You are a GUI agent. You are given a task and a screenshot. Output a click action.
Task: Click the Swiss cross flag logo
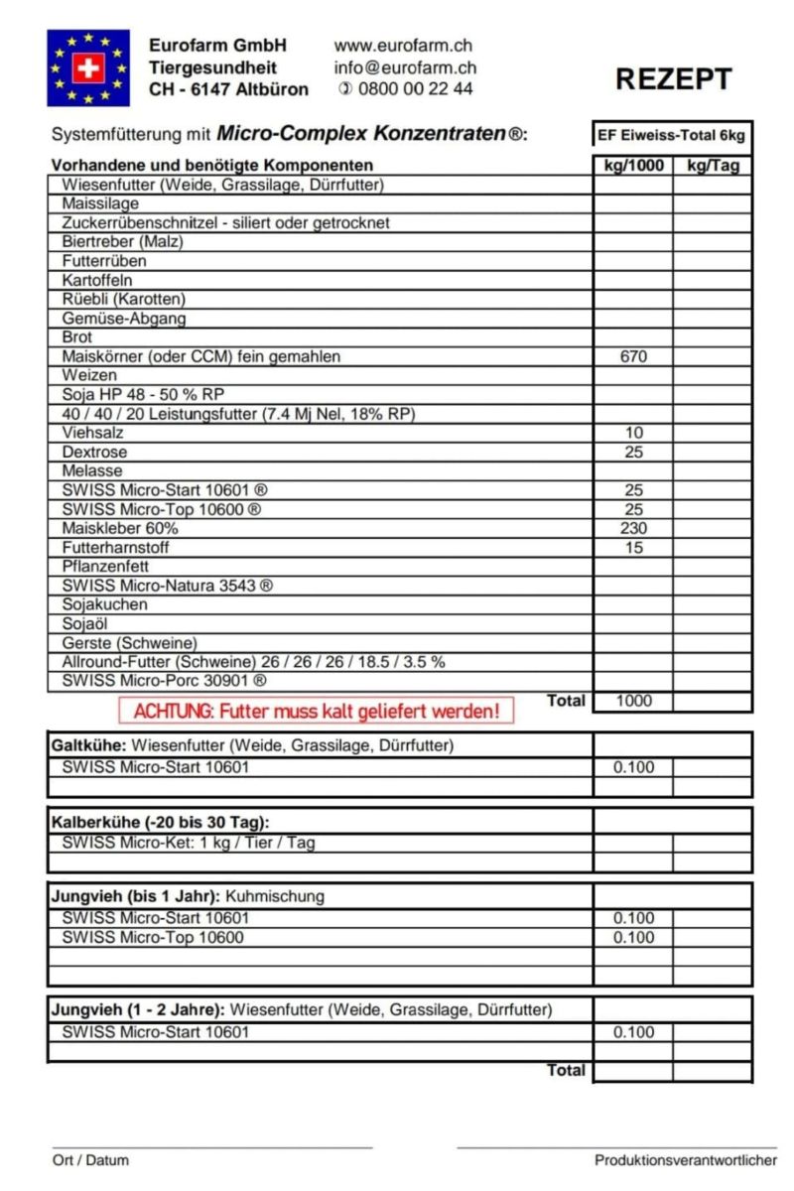pyautogui.click(x=88, y=67)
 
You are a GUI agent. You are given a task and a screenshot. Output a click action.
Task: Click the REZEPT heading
pyautogui.click(x=673, y=79)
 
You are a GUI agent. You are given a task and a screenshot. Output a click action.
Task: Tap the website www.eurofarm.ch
pyautogui.click(x=403, y=46)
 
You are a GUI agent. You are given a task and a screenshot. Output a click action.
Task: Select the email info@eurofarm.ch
pyautogui.click(x=405, y=67)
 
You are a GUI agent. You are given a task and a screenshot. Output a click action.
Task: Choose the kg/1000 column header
pyautogui.click(x=633, y=165)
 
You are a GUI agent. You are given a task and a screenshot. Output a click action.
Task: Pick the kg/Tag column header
pyautogui.click(x=713, y=165)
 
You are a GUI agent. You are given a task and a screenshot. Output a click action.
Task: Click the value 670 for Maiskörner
pyautogui.click(x=633, y=356)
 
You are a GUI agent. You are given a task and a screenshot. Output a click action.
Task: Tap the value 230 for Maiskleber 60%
pyautogui.click(x=633, y=528)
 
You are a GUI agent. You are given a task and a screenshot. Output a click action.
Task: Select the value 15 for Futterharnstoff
pyautogui.click(x=633, y=547)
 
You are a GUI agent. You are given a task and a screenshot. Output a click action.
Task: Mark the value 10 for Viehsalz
pyautogui.click(x=633, y=433)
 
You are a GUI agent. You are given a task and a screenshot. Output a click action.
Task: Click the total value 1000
pyautogui.click(x=633, y=701)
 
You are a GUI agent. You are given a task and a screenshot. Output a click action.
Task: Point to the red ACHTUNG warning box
pyautogui.click(x=316, y=711)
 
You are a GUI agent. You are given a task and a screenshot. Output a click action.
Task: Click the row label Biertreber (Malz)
pyautogui.click(x=122, y=241)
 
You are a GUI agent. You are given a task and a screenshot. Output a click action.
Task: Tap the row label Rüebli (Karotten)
pyautogui.click(x=123, y=299)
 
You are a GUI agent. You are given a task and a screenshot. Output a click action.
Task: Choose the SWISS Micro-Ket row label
pyautogui.click(x=189, y=843)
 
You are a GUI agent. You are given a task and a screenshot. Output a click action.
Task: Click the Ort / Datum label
pyautogui.click(x=90, y=1160)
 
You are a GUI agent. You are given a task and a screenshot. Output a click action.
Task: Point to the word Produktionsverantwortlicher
pyautogui.click(x=686, y=1160)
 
